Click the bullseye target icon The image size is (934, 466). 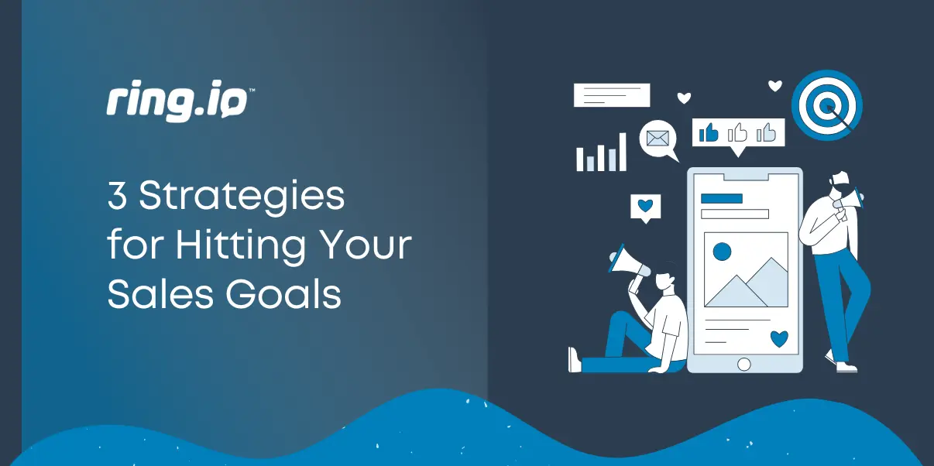point(826,106)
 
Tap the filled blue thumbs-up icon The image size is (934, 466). point(709,133)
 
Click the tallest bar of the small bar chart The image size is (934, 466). point(621,152)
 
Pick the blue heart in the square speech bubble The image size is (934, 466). point(645,207)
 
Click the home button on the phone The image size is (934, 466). point(743,364)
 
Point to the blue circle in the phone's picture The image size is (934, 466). point(722,251)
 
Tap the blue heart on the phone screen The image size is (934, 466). point(779,338)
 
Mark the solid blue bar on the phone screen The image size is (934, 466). point(721,198)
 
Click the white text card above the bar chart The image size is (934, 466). point(611,95)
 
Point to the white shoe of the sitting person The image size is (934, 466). point(575,359)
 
